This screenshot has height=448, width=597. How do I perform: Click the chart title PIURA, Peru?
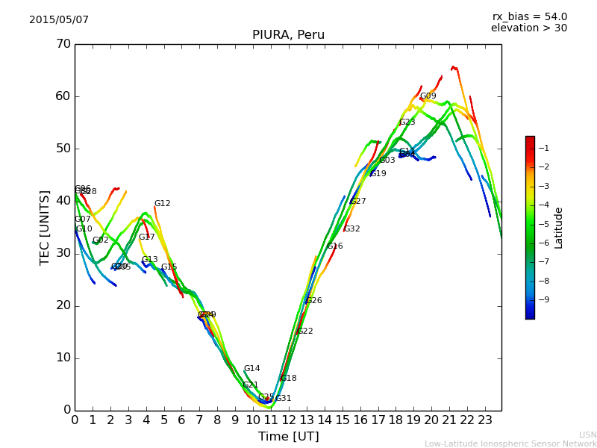pyautogui.click(x=288, y=35)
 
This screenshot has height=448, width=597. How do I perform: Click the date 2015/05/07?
pyautogui.click(x=59, y=19)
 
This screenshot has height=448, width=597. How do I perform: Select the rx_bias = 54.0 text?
pyautogui.click(x=529, y=16)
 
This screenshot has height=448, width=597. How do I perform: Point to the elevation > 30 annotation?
pyautogui.click(x=528, y=28)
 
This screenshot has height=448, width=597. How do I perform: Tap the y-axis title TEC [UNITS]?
pyautogui.click(x=45, y=227)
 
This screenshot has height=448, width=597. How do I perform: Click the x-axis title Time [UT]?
pyautogui.click(x=288, y=437)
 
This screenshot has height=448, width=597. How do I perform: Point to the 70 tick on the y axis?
pyautogui.click(x=63, y=44)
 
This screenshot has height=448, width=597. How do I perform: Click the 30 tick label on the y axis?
pyautogui.click(x=63, y=253)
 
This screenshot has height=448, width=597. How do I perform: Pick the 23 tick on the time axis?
pyautogui.click(x=485, y=420)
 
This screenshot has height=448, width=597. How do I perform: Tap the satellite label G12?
pyautogui.click(x=163, y=204)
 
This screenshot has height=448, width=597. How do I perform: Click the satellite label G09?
pyautogui.click(x=428, y=96)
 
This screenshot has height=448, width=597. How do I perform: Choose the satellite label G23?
pyautogui.click(x=407, y=122)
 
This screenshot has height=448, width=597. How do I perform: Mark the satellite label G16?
pyautogui.click(x=335, y=246)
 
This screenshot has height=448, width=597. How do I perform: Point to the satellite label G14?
pyautogui.click(x=252, y=369)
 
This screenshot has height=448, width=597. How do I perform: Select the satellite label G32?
pyautogui.click(x=352, y=229)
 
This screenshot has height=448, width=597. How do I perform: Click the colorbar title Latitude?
pyautogui.click(x=559, y=228)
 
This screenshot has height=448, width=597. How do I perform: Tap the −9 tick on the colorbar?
pyautogui.click(x=543, y=299)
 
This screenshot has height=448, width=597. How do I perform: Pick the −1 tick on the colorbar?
pyautogui.click(x=543, y=148)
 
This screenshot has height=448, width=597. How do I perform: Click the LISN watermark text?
pyautogui.click(x=588, y=435)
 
